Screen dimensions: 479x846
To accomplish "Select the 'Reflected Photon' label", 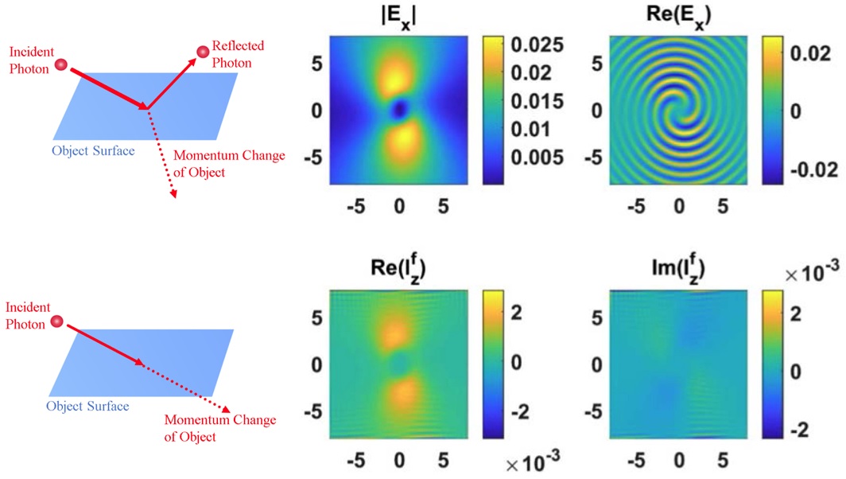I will coord(238,54).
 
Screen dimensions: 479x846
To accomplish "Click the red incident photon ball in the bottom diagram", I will coord(56,321).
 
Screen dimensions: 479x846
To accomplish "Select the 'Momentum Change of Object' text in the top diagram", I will coord(230,162).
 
